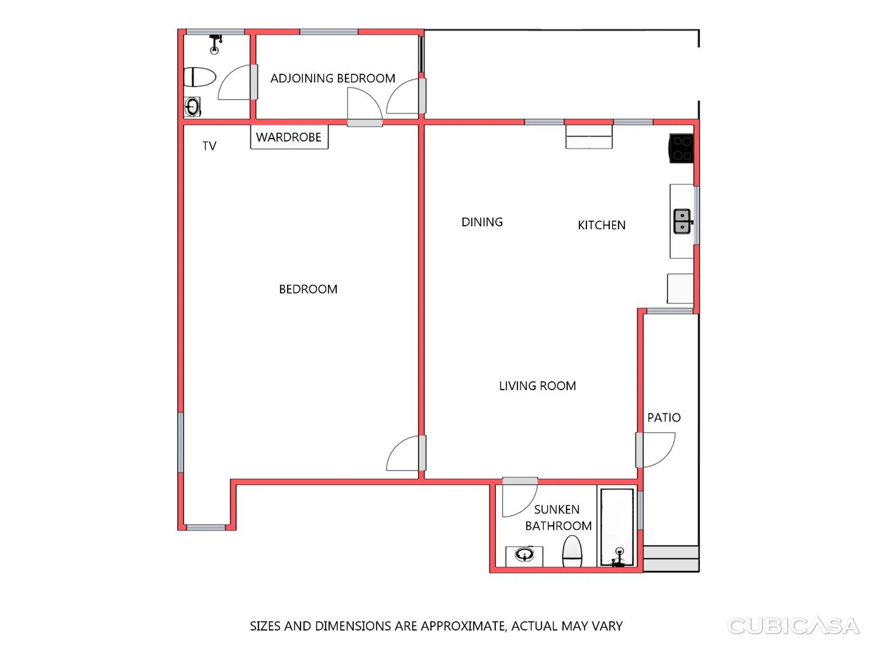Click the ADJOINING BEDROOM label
(x=332, y=78)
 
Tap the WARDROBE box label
(x=288, y=137)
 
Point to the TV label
(x=209, y=146)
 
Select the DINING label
(x=482, y=222)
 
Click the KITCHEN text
(x=601, y=225)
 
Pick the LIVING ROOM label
(x=537, y=386)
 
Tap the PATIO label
(x=664, y=417)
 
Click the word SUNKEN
(x=557, y=509)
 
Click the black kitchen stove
(x=681, y=148)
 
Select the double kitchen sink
(x=682, y=221)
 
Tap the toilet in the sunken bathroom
(x=572, y=551)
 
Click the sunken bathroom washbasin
(x=524, y=555)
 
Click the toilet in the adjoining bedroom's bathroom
(x=200, y=77)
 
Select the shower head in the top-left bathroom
(x=215, y=44)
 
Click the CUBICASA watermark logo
(x=793, y=626)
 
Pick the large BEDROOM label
(x=308, y=289)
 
